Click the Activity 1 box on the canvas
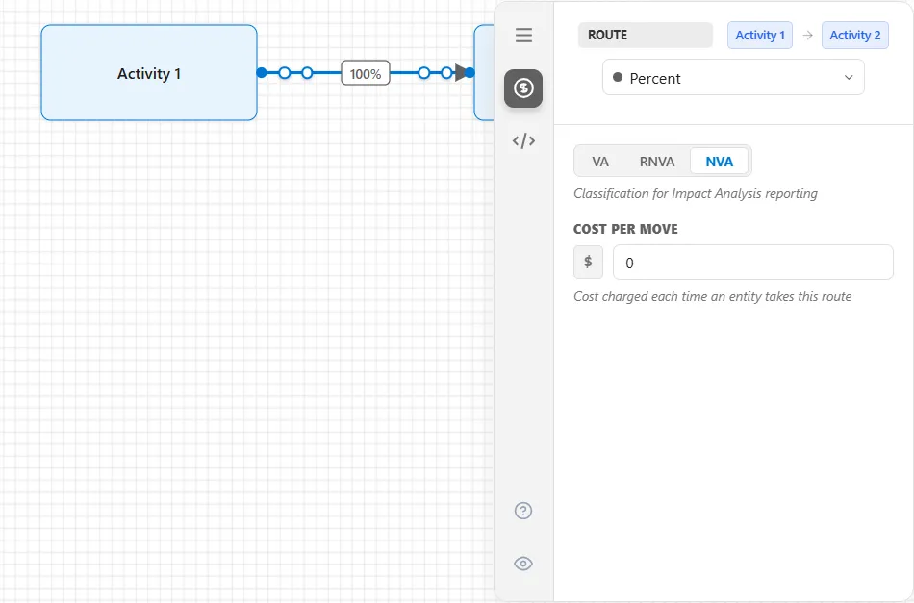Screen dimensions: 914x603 [x=148, y=73]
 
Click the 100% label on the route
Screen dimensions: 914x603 [x=366, y=73]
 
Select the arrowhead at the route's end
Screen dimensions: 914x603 [x=462, y=73]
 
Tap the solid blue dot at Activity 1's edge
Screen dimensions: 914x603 [x=262, y=73]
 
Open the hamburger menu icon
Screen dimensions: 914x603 [x=523, y=35]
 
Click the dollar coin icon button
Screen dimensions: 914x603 [x=523, y=88]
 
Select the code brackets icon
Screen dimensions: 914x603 [x=523, y=141]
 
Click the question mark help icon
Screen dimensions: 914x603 [x=523, y=511]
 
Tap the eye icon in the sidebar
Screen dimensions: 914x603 [x=523, y=564]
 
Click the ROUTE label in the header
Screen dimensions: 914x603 [x=607, y=35]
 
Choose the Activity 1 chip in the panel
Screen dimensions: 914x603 [x=759, y=35]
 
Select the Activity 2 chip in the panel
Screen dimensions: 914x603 [x=854, y=35]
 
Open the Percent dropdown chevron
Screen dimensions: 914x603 [x=849, y=78]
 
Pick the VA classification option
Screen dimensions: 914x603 [x=599, y=162]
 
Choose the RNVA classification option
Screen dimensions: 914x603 [x=657, y=162]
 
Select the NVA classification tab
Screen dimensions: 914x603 [x=720, y=162]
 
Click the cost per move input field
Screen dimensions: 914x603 [x=753, y=263]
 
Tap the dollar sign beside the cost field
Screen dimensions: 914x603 [x=588, y=263]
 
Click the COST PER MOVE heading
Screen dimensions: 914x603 [x=625, y=229]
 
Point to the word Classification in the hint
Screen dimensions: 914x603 [x=611, y=193]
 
